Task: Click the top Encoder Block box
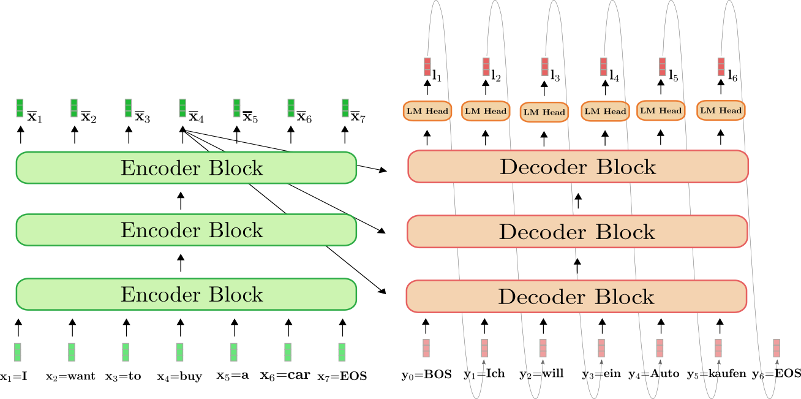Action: (x=186, y=167)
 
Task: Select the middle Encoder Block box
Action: (x=186, y=230)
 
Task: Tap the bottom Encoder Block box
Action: (x=186, y=294)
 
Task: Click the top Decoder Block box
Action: (x=578, y=167)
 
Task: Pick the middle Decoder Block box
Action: (x=577, y=232)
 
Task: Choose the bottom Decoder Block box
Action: (x=576, y=297)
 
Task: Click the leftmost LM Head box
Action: (x=427, y=111)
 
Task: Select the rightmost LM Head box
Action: (x=721, y=110)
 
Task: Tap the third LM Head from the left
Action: (x=544, y=112)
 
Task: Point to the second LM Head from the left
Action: (x=486, y=111)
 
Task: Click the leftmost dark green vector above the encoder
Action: (x=20, y=108)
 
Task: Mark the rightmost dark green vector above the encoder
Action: (x=345, y=108)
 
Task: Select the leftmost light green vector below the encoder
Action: (x=17, y=352)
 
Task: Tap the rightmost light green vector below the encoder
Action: (x=342, y=352)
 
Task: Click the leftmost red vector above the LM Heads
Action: (x=427, y=66)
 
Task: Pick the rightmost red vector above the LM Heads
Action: (x=721, y=66)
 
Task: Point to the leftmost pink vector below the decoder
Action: (x=426, y=348)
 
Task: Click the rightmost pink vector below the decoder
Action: (x=777, y=348)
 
